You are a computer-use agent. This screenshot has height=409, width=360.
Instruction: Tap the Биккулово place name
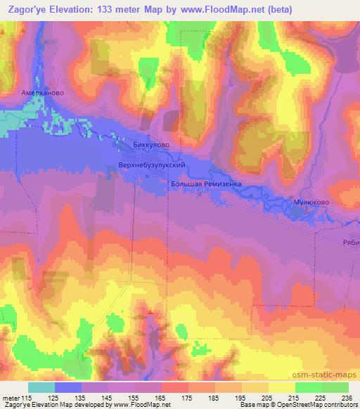(151, 146)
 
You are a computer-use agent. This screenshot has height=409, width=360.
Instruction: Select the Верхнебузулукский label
(152, 164)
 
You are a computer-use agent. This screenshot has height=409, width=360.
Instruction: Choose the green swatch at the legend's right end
(335, 387)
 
